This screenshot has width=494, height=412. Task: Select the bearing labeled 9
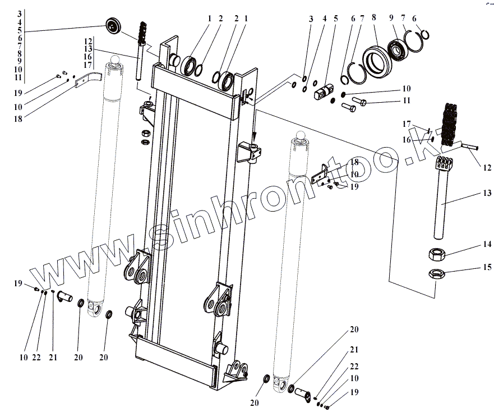pos(401,49)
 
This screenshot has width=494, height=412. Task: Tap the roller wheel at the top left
pos(116,26)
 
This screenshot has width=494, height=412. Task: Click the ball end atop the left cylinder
pos(117,59)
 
